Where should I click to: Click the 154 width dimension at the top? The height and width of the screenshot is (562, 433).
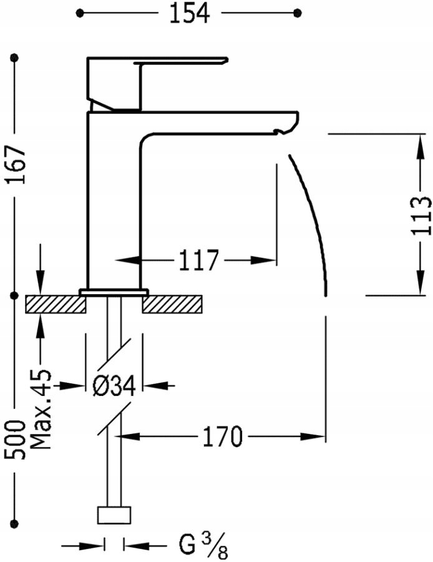pyautogui.click(x=190, y=14)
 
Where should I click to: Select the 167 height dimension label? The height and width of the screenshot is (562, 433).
pyautogui.click(x=16, y=164)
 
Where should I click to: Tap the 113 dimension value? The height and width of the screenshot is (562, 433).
pyautogui.click(x=421, y=215)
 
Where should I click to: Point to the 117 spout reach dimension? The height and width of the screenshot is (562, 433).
pyautogui.click(x=198, y=260)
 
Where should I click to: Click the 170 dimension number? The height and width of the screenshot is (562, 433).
pyautogui.click(x=222, y=436)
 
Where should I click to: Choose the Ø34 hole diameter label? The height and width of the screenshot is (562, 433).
pyautogui.click(x=114, y=386)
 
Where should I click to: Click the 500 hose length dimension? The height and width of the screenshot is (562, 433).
pyautogui.click(x=16, y=440)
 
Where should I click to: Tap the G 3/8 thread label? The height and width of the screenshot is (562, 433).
pyautogui.click(x=203, y=546)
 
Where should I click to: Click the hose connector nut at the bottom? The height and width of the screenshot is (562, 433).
pyautogui.click(x=114, y=515)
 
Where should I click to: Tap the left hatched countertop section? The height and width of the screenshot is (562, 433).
pyautogui.click(x=56, y=304)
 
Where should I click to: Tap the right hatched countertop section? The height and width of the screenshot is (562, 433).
pyautogui.click(x=172, y=304)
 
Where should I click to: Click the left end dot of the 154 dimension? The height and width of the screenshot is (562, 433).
pyautogui.click(x=79, y=13)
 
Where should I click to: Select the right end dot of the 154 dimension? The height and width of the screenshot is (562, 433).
pyautogui.click(x=297, y=13)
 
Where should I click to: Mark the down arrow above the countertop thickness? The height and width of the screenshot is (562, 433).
pyautogui.click(x=41, y=282)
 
